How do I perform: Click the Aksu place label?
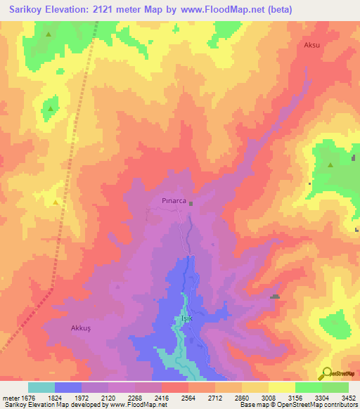312,45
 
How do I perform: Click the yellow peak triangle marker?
55,202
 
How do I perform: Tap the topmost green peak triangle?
48,34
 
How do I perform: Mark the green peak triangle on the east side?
330,165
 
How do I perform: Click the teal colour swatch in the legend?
41,387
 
